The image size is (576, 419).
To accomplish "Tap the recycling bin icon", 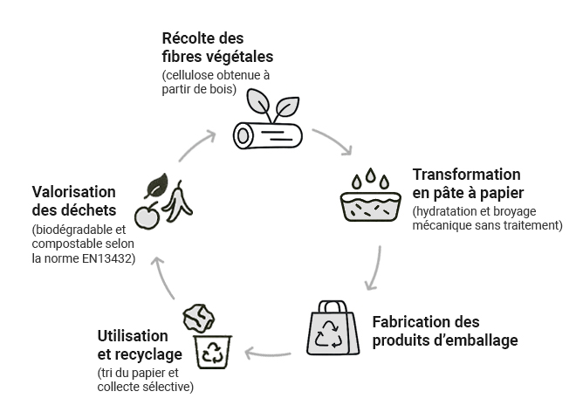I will click(213, 350).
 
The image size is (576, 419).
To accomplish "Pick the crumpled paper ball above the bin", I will click(198, 317).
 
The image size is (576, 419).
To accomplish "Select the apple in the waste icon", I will click(147, 215).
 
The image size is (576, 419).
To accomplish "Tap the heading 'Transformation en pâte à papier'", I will click(467, 183).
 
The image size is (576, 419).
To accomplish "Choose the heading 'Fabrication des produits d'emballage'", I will click(444, 331).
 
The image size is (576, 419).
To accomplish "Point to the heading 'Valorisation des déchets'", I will click(73, 200).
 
